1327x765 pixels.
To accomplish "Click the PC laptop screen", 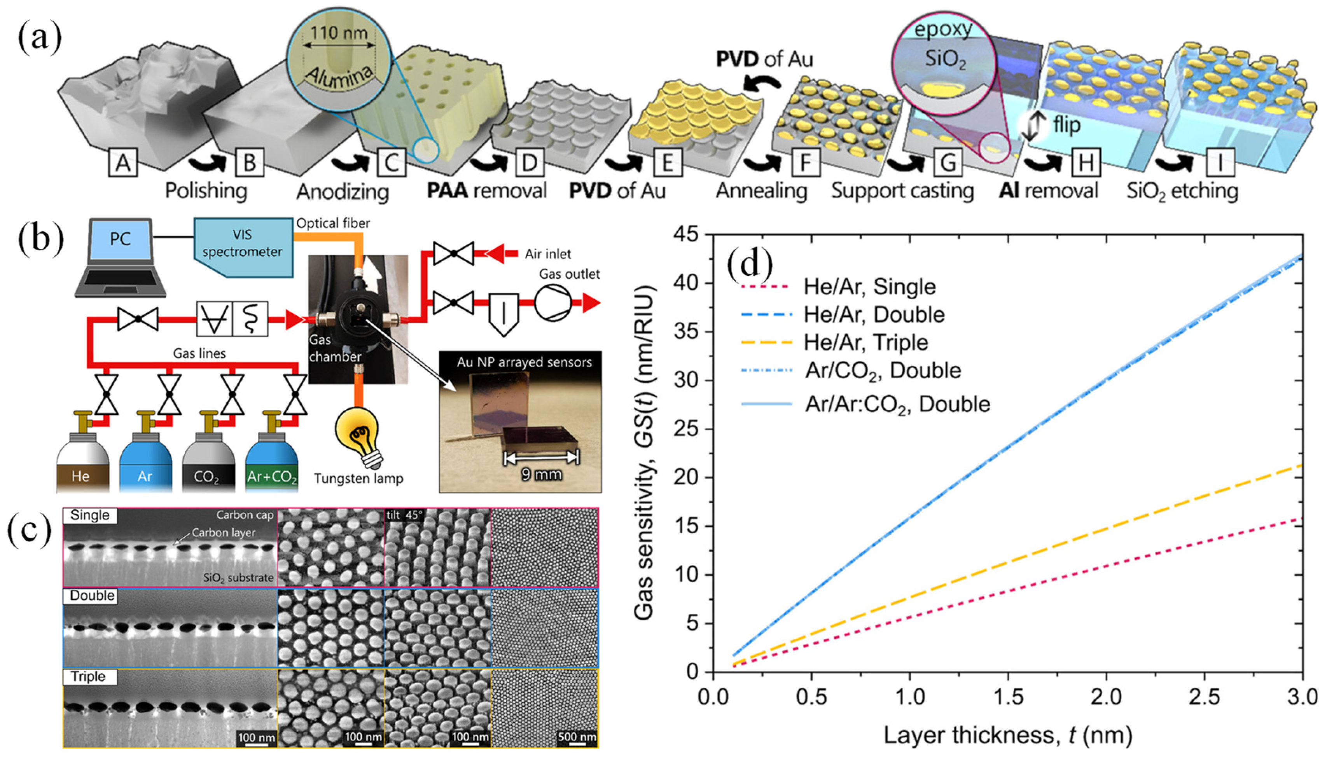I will pyautogui.click(x=121, y=239).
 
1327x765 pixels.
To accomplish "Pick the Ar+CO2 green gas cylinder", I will pyautogui.click(x=272, y=462).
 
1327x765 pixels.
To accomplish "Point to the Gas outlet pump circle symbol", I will pyautogui.click(x=552, y=303).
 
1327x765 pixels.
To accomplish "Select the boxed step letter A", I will pyautogui.click(x=122, y=162).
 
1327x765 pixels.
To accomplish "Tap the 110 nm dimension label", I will pyautogui.click(x=339, y=33).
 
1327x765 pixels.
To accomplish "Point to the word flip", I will pyautogui.click(x=1067, y=125).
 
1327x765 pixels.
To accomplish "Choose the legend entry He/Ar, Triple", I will pyautogui.click(x=865, y=342).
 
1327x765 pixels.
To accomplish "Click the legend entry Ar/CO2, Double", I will pyautogui.click(x=883, y=371).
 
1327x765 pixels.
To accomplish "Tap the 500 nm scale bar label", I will pyautogui.click(x=577, y=737).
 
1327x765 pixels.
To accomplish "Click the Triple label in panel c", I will pyautogui.click(x=88, y=677).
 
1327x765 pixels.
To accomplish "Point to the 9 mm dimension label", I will pyautogui.click(x=541, y=475).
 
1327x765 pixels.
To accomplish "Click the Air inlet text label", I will pyautogui.click(x=547, y=254).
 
